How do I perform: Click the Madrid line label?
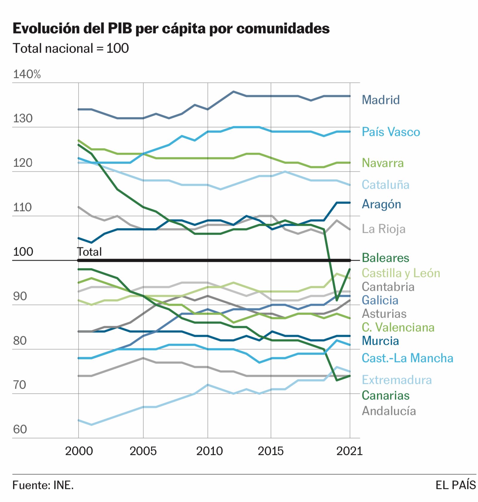point(380,100)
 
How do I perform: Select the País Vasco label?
point(390,132)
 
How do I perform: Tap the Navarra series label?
point(382,163)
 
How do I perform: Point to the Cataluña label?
point(385,185)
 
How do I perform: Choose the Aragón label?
point(381,204)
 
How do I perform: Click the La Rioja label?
point(383,229)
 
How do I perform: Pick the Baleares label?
point(385,258)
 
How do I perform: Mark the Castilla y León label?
point(401,273)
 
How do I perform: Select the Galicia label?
point(380,300)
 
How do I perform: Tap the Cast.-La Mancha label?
point(407,358)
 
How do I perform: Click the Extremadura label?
point(396,380)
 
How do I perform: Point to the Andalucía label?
point(389,411)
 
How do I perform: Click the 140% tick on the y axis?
point(27,74)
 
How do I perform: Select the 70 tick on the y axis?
point(20,385)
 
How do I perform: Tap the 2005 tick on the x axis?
point(143,451)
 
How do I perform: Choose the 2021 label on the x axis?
point(349,451)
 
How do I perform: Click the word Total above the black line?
point(89,252)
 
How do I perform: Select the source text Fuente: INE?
point(43,485)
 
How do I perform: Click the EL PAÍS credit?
point(455,485)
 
